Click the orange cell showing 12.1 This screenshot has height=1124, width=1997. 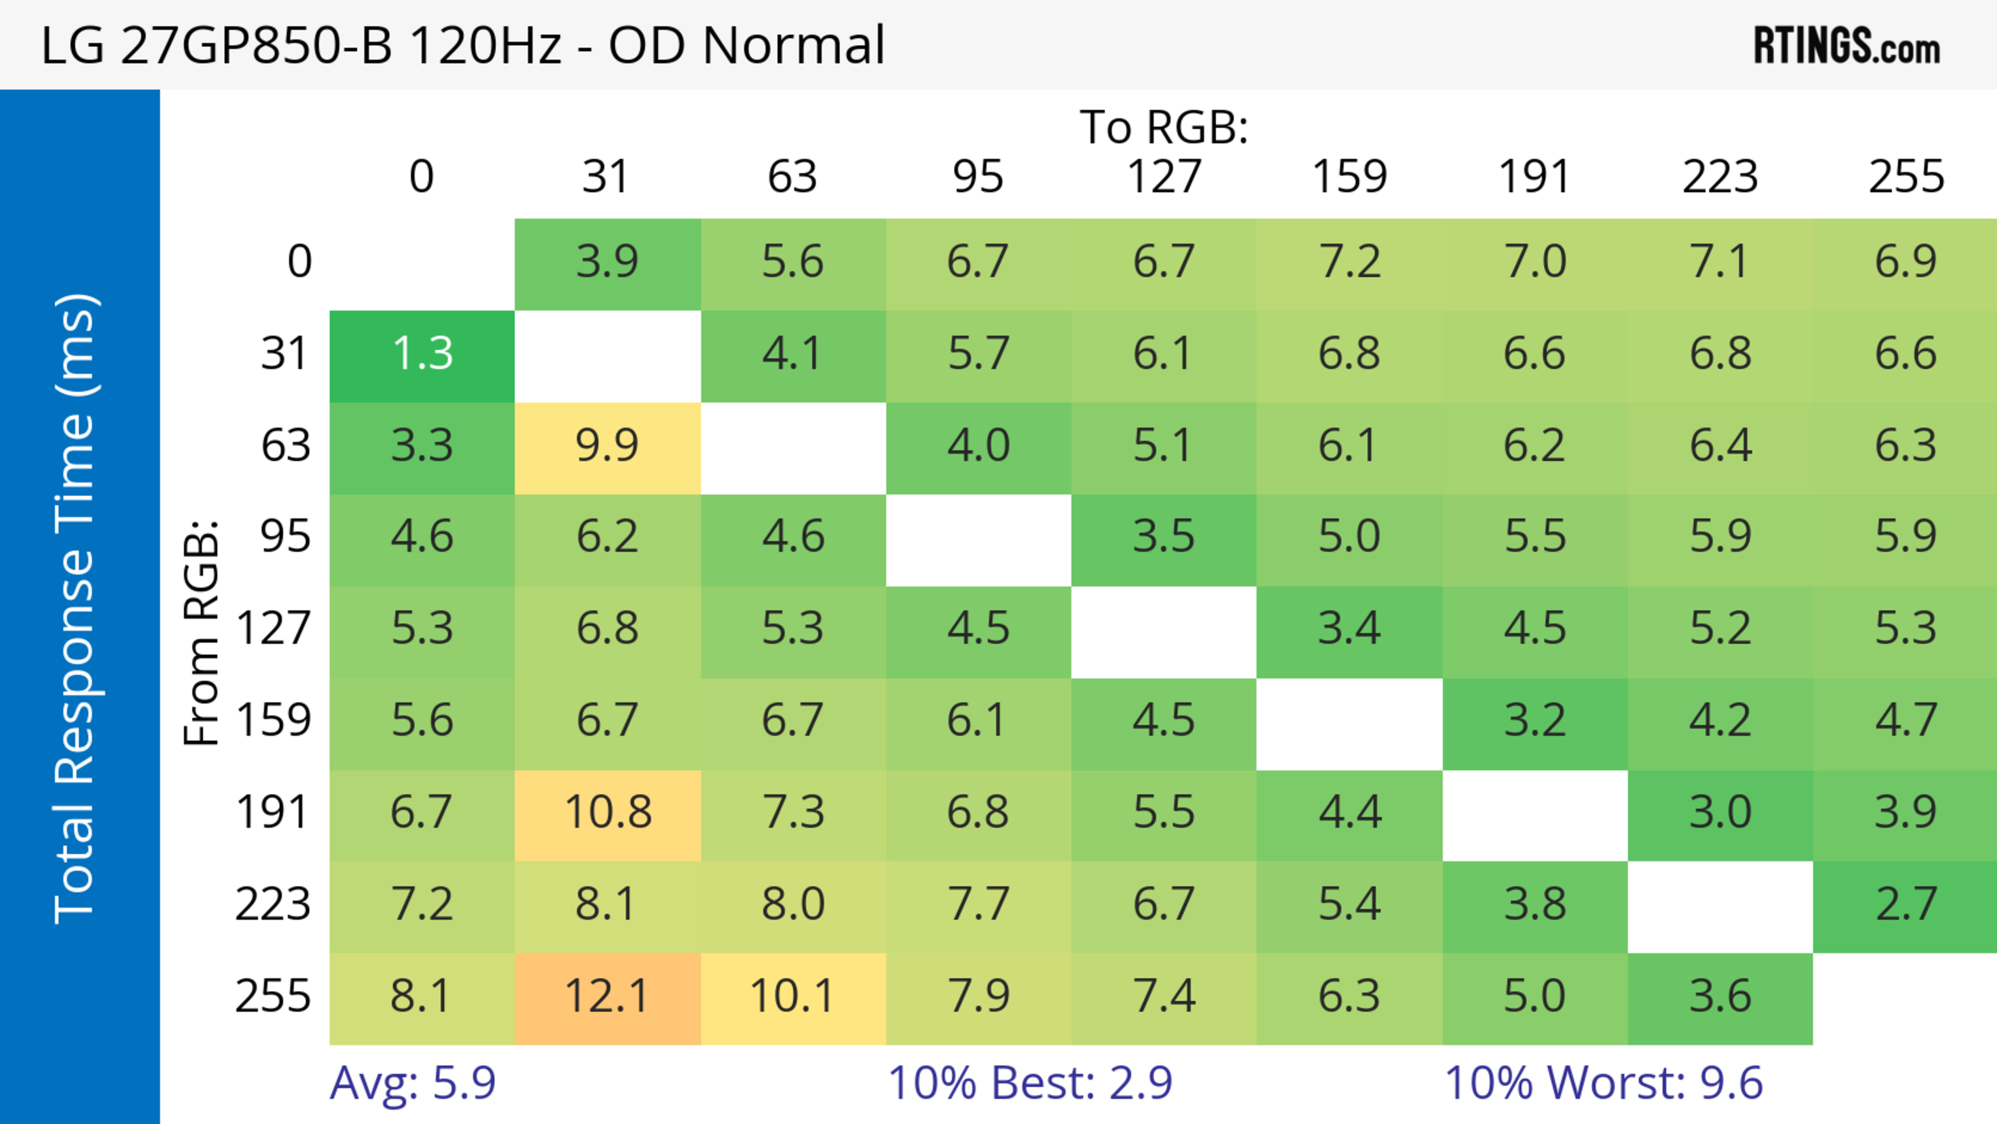(x=607, y=998)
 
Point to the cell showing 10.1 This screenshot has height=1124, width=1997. (x=792, y=998)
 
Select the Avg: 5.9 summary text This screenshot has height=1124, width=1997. (x=412, y=1082)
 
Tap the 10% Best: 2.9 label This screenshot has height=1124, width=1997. (x=1030, y=1082)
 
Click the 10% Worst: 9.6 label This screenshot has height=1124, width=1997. (x=1603, y=1082)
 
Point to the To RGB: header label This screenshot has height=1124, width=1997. (x=1164, y=127)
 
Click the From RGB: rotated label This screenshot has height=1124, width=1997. (x=202, y=632)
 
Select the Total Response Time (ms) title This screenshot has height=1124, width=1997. (x=75, y=609)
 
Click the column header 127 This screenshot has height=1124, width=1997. (x=1164, y=177)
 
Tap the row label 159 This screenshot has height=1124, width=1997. (x=273, y=721)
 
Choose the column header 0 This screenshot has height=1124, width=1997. (x=422, y=177)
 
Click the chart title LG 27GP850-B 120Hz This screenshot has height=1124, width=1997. (x=462, y=45)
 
